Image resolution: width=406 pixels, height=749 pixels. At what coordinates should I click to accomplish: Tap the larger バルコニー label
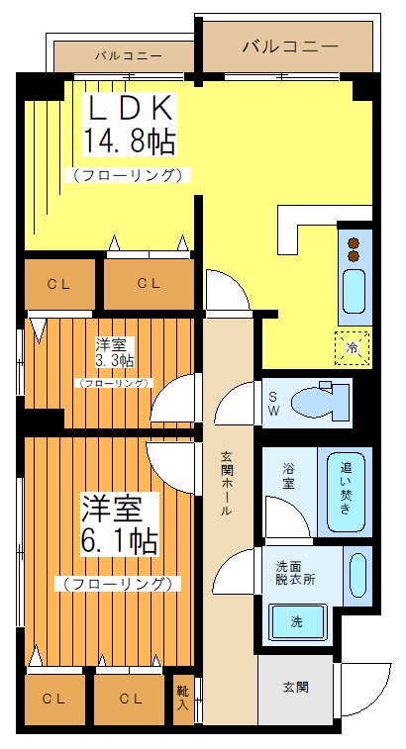pyautogui.click(x=289, y=47)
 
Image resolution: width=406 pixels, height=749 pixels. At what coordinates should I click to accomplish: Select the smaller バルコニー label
pyautogui.click(x=129, y=55)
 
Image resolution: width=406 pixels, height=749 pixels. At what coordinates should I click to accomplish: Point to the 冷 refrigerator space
pyautogui.click(x=353, y=347)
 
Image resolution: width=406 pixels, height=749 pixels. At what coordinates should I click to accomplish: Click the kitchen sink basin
pyautogui.click(x=354, y=291)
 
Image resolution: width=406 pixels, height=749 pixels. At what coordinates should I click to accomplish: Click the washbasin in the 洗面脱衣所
pyautogui.click(x=356, y=575)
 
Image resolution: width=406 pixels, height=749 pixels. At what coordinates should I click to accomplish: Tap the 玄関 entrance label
pyautogui.click(x=295, y=688)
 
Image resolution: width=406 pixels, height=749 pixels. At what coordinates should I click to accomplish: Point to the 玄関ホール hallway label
pyautogui.click(x=227, y=485)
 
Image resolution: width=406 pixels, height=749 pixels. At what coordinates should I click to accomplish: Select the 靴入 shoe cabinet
pyautogui.click(x=183, y=698)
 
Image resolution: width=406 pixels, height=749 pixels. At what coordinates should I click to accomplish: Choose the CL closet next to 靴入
pyautogui.click(x=131, y=699)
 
